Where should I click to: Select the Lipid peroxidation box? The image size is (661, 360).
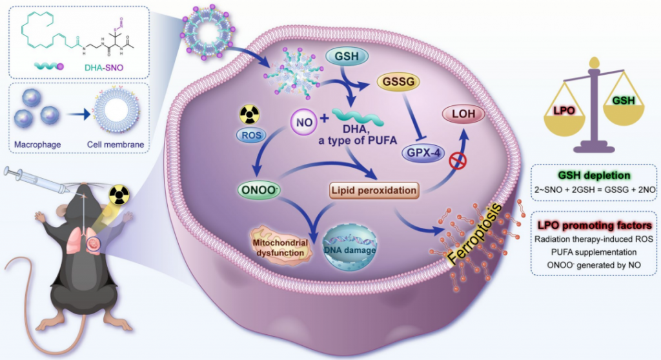point(372,190)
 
